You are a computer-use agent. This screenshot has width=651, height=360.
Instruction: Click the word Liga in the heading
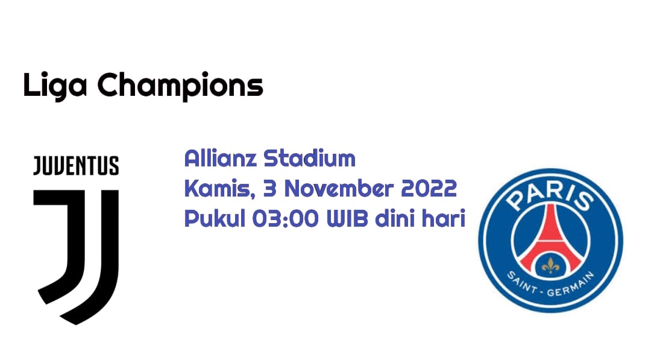(x=55, y=86)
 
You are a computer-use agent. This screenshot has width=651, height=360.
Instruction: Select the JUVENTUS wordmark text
(x=76, y=166)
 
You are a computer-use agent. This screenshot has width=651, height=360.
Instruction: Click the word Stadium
(x=310, y=158)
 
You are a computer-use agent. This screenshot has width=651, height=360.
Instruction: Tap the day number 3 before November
(x=270, y=189)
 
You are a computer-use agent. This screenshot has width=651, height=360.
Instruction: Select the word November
(x=339, y=189)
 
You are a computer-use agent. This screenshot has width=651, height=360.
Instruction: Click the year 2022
(x=429, y=189)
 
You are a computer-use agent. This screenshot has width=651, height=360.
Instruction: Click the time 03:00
(x=286, y=219)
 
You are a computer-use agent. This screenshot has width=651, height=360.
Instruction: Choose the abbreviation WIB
(x=347, y=219)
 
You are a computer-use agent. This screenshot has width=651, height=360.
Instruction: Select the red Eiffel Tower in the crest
(x=550, y=241)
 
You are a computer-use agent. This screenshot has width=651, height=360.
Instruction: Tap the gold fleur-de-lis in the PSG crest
(x=550, y=266)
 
